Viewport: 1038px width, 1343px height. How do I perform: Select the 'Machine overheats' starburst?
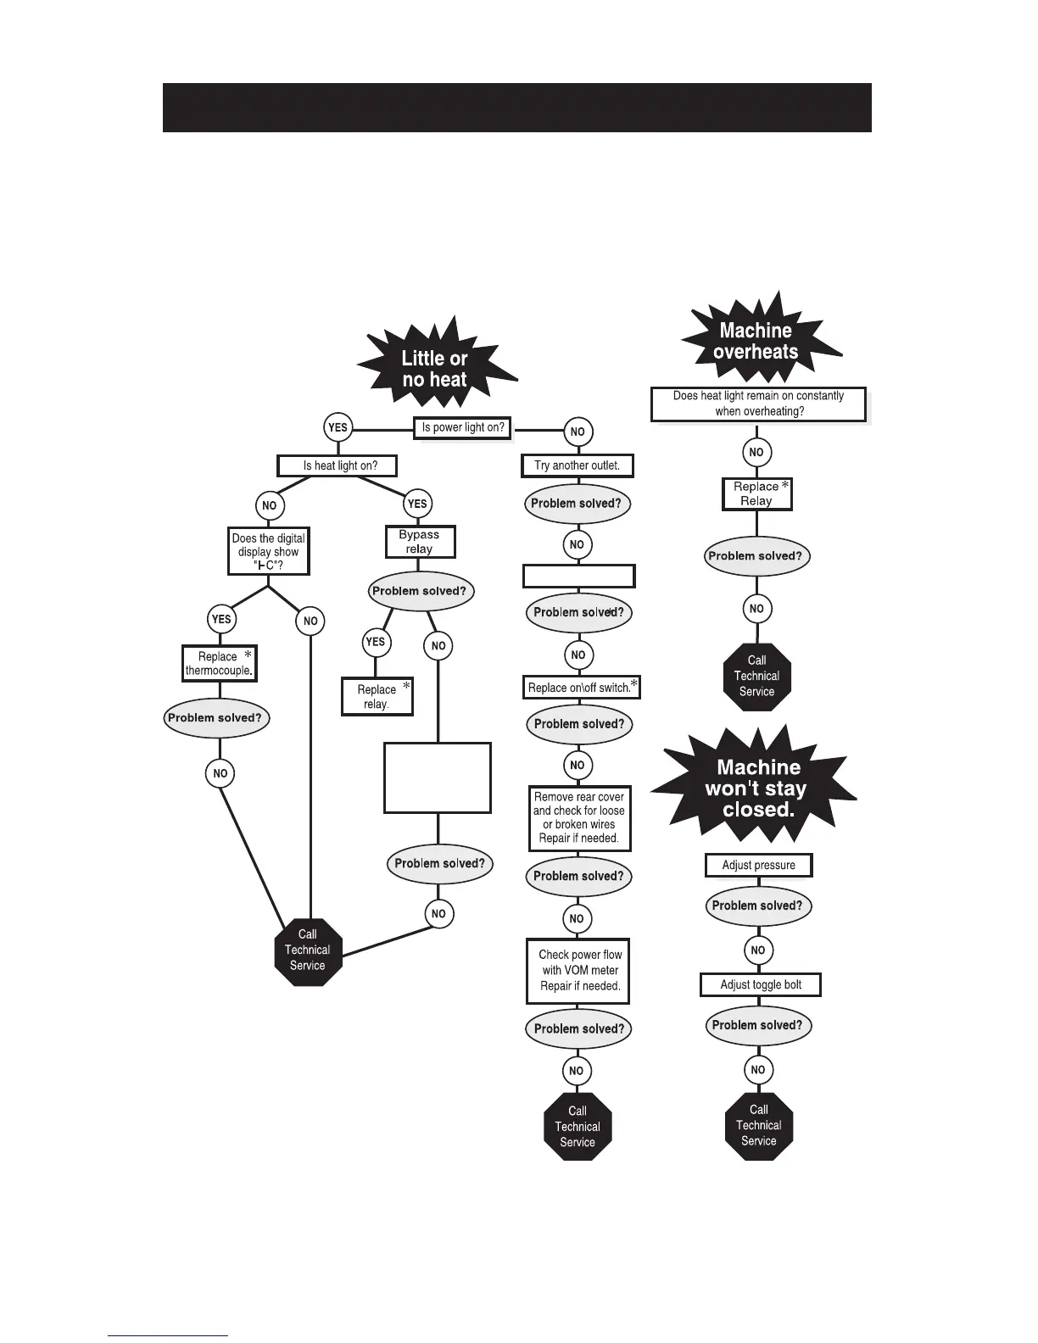756,341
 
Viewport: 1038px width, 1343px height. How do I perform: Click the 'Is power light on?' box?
463,427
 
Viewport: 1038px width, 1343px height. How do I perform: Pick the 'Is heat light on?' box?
339,465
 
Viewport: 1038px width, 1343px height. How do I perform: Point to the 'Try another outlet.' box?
577,465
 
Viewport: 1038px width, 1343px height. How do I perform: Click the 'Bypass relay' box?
419,542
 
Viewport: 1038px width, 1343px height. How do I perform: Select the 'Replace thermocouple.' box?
219,663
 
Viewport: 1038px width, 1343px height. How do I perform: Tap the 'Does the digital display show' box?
268,551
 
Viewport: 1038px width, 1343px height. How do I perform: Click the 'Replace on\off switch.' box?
581,688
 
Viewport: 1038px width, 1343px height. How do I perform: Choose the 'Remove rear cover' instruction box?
579,818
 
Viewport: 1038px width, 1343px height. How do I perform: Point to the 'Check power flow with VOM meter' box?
578,971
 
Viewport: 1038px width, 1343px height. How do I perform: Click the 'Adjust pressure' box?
758,865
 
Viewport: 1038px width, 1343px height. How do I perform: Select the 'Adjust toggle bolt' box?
761,984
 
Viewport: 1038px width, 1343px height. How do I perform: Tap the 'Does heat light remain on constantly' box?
758,404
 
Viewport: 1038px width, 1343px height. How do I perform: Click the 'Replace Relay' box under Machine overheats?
756,493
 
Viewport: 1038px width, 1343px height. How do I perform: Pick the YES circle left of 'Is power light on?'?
338,427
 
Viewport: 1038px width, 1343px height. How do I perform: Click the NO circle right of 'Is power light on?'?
578,432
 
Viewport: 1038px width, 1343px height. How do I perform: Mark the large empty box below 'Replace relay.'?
438,778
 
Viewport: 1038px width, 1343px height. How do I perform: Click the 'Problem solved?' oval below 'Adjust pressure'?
757,906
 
